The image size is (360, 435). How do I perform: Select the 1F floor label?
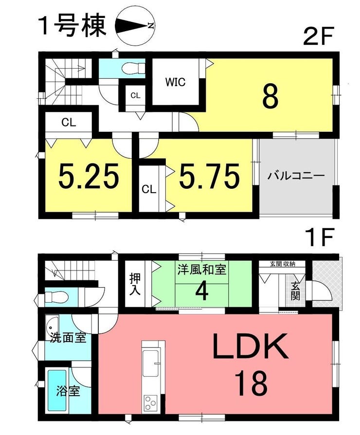click(x=320, y=237)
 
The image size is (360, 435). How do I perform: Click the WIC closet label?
click(x=175, y=82)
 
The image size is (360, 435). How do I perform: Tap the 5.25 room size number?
click(x=89, y=175)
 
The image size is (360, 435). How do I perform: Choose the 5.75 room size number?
click(x=209, y=176)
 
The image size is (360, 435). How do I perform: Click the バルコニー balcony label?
click(x=296, y=176)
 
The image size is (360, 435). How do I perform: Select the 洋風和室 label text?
click(x=202, y=270)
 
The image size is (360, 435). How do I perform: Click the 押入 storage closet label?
click(x=136, y=284)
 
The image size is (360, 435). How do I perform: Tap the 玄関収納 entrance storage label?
click(x=283, y=264)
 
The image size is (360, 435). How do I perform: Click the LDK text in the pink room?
click(x=251, y=346)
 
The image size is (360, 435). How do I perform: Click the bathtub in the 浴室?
click(x=57, y=390)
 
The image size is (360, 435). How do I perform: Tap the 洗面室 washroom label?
click(x=68, y=338)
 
